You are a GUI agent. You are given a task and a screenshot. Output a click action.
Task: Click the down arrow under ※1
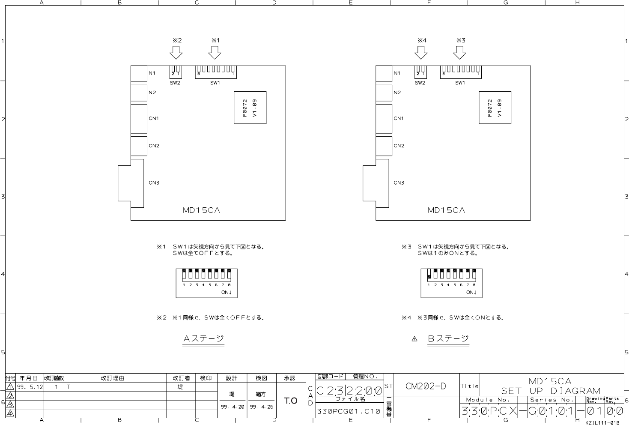pyautogui.click(x=215, y=53)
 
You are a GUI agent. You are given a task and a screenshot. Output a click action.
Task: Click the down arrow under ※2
pyautogui.click(x=176, y=53)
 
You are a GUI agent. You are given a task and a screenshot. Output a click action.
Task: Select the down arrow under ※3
pyautogui.click(x=459, y=53)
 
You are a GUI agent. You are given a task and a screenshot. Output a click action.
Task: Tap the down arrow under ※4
pyautogui.click(x=421, y=53)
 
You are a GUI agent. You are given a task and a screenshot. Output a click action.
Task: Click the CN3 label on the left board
pyautogui.click(x=154, y=183)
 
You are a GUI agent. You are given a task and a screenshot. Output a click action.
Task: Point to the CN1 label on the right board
pyautogui.click(x=399, y=119)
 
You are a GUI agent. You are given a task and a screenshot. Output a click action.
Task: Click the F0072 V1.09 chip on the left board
pyautogui.click(x=250, y=108)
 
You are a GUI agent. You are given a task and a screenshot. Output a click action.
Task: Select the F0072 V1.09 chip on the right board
pyautogui.click(x=495, y=108)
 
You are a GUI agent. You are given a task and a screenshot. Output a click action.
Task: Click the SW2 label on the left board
pyautogui.click(x=175, y=83)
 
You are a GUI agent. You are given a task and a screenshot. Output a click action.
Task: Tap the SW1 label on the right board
pyautogui.click(x=460, y=83)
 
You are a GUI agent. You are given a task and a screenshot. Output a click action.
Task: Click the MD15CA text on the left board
pyautogui.click(x=201, y=210)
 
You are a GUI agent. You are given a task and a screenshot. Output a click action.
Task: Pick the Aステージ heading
pyautogui.click(x=203, y=338)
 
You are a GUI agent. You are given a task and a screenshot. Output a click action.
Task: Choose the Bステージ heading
pyautogui.click(x=448, y=338)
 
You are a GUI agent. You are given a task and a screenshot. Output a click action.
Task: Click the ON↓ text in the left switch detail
pyautogui.click(x=227, y=293)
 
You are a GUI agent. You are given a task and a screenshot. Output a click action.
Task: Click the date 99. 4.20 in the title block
pyautogui.click(x=232, y=407)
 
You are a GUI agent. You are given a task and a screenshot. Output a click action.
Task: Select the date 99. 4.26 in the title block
pyautogui.click(x=262, y=407)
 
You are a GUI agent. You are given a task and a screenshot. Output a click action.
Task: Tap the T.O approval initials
pyautogui.click(x=291, y=401)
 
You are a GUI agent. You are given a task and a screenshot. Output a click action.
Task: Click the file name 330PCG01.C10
pyautogui.click(x=348, y=412)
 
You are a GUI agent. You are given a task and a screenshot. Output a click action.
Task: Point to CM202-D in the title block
pyautogui.click(x=426, y=386)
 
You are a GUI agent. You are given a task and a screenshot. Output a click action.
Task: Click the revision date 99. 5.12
pyautogui.click(x=30, y=386)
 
